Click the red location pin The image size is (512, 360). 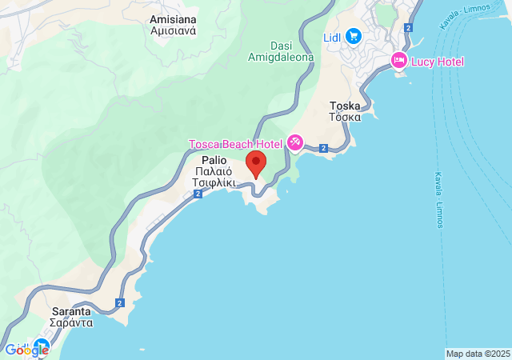256,163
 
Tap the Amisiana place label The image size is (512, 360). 174,18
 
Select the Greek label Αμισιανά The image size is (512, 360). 174,31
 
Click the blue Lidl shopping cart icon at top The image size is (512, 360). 354,37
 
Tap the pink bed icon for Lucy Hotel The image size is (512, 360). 398,61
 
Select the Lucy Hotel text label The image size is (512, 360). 438,62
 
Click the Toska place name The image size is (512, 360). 346,105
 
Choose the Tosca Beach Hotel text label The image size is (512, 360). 235,144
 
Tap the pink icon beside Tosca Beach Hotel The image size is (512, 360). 294,143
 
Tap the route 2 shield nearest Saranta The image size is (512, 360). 119,302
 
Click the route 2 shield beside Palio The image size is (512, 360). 197,194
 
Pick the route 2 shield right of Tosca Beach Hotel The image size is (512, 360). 323,148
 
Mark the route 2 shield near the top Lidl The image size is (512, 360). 408,27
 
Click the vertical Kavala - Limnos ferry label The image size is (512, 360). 439,200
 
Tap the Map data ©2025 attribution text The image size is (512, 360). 478,354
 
